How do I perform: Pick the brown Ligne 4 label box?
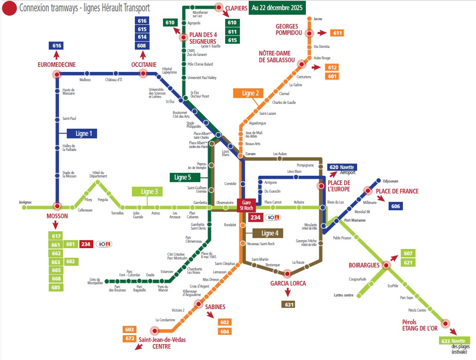click(x=268, y=233)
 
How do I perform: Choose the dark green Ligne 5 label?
click(x=183, y=177)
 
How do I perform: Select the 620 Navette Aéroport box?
click(x=342, y=167)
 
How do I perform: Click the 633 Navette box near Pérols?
click(x=453, y=341)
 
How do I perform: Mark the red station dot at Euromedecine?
click(x=57, y=74)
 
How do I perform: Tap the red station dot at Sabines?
click(x=198, y=304)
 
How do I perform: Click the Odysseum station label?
click(x=390, y=181)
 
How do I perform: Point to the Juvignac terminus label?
click(x=25, y=202)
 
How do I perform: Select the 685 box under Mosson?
click(x=56, y=288)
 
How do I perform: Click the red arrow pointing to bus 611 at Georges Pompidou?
click(x=322, y=33)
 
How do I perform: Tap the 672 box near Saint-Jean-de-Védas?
click(x=130, y=339)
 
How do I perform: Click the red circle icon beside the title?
click(x=9, y=8)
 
